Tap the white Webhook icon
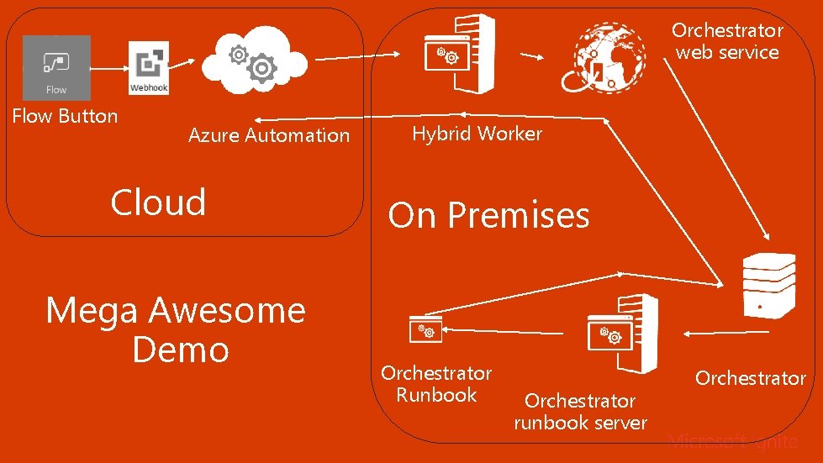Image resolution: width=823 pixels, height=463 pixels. point(149,68)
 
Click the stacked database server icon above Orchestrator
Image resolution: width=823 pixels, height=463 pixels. point(768,286)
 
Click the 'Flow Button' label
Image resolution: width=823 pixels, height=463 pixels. point(65,116)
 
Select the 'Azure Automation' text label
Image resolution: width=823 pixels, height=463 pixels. point(268,135)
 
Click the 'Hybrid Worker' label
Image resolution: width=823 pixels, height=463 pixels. point(477,134)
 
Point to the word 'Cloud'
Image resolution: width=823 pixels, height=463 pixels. point(158,203)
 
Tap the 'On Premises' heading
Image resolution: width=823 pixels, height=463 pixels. point(488,216)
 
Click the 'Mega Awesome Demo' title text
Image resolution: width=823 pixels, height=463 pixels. point(176,329)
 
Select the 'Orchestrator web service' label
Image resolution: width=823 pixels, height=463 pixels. point(727,41)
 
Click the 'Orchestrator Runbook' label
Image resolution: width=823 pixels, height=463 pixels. point(436,384)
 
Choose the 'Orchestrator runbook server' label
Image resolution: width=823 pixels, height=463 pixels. point(580,412)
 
